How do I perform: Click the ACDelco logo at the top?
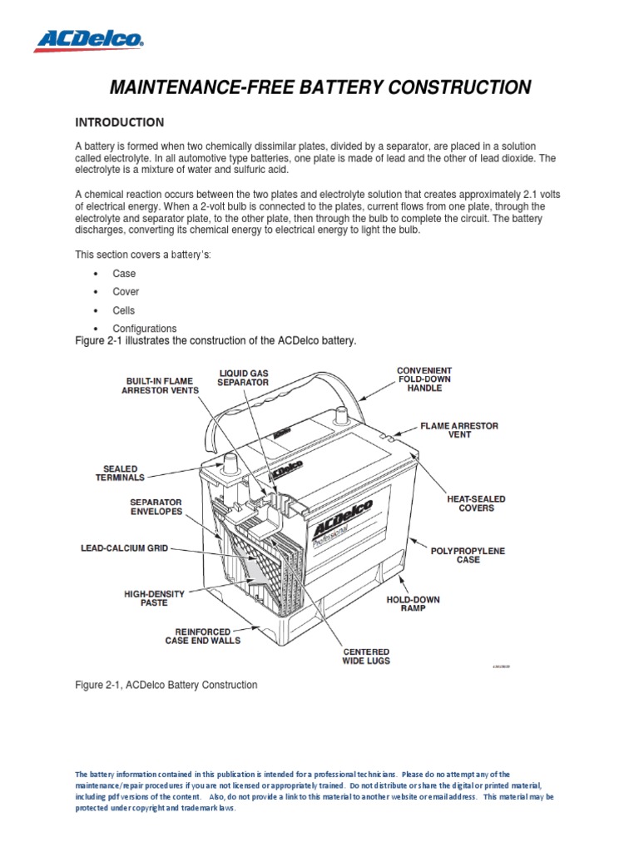pyautogui.click(x=88, y=38)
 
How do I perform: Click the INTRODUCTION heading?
pyautogui.click(x=120, y=122)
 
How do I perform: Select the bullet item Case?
pyautogui.click(x=124, y=274)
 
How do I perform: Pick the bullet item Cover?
pyautogui.click(x=126, y=292)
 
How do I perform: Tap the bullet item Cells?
pyautogui.click(x=124, y=310)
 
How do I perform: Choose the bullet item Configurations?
pyautogui.click(x=145, y=329)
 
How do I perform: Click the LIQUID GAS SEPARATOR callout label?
pyautogui.click(x=243, y=378)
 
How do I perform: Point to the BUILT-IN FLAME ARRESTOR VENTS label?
pyautogui.click(x=161, y=384)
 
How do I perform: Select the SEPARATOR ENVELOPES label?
pyautogui.click(x=156, y=508)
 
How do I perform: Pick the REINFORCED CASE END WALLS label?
pyautogui.click(x=202, y=636)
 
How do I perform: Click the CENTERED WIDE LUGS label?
pyautogui.click(x=365, y=656)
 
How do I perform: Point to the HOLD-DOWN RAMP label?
pyautogui.click(x=413, y=604)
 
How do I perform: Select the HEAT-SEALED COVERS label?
pyautogui.click(x=476, y=503)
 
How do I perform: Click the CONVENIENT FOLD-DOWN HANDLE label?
pyautogui.click(x=424, y=379)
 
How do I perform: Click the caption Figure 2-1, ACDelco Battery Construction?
pyautogui.click(x=166, y=685)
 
